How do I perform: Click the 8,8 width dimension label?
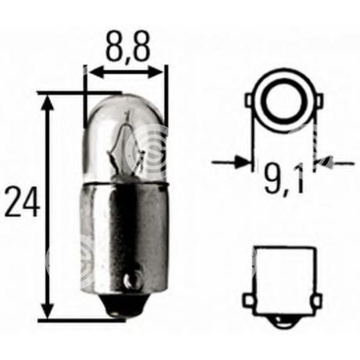(128, 46)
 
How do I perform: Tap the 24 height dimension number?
(23, 201)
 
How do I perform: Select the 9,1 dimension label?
(285, 178)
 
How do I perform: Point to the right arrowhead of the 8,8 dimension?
(157, 71)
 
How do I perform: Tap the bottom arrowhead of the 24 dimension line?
(48, 309)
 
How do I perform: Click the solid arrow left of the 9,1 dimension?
(231, 163)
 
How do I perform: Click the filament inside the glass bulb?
(123, 146)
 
